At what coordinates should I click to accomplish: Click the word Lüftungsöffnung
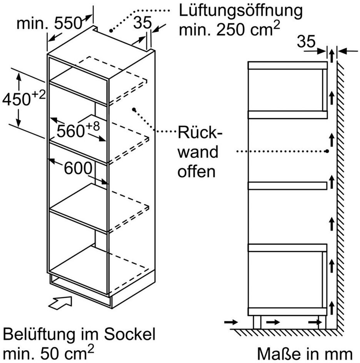(240, 10)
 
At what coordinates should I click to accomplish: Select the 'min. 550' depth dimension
(49, 24)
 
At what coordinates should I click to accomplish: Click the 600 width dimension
(78, 168)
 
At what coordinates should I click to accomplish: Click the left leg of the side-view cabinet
(257, 322)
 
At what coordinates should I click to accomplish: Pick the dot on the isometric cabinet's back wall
(134, 110)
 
